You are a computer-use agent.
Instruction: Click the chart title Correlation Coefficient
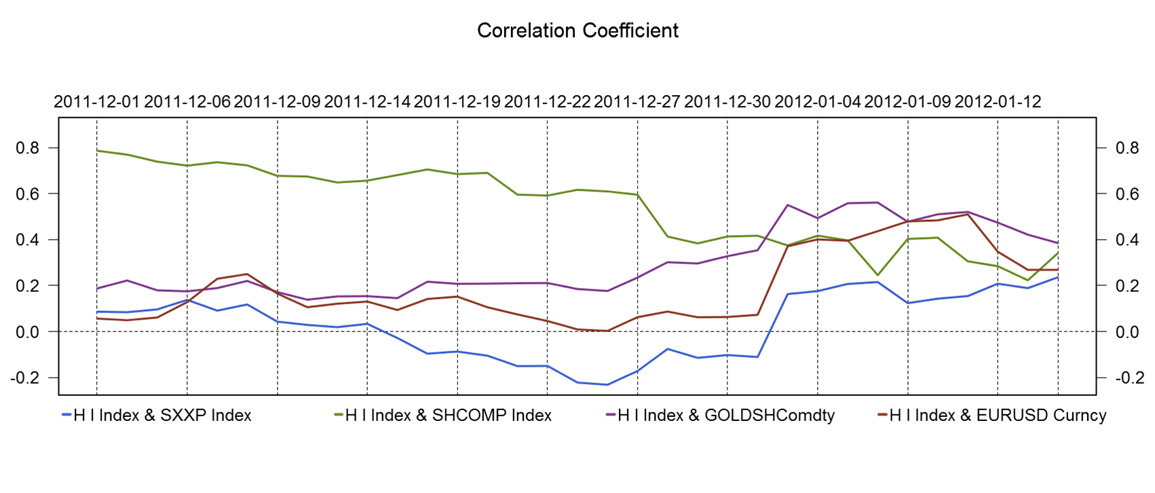coord(577,31)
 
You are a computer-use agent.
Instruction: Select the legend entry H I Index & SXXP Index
coord(162,416)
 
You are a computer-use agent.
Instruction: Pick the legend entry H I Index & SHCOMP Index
coord(448,416)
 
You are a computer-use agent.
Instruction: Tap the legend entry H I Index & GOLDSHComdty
coord(725,416)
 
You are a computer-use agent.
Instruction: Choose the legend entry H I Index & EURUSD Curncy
coord(998,416)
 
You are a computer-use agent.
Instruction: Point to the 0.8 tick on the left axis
coord(29,148)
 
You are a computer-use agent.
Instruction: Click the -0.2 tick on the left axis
coord(26,378)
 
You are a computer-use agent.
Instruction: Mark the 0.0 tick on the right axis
coord(1127,332)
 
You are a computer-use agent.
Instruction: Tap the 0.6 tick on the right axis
coord(1127,194)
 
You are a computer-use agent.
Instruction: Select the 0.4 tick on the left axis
coord(29,240)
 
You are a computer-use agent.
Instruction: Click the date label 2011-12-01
coord(96,102)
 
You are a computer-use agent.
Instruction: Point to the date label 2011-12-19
coord(457,102)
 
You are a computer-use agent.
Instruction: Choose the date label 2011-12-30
coord(727,102)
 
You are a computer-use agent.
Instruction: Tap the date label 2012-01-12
coord(998,102)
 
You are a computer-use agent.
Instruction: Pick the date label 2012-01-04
coord(817,102)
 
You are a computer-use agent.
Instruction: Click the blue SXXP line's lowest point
coord(607,385)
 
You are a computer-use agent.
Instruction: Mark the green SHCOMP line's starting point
coord(97,151)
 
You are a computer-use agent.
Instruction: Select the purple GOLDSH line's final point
coord(1058,243)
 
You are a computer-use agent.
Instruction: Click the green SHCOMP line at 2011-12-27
coord(637,195)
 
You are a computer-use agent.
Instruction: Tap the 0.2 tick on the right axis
coord(1127,286)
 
